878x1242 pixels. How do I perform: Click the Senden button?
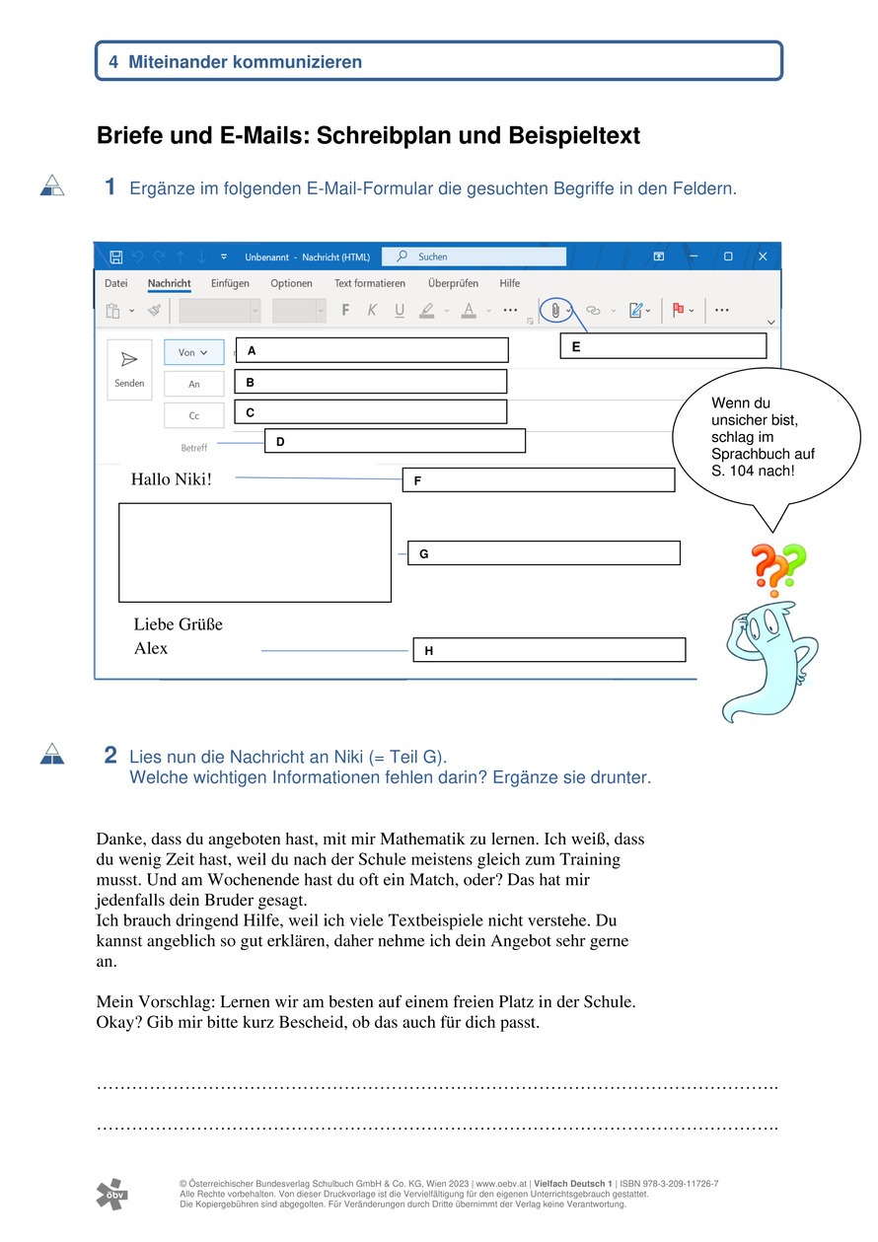129,369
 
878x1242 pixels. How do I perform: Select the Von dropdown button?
193,352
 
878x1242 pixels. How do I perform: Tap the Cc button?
193,416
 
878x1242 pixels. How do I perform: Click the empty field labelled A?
371,350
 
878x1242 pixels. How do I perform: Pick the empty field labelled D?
395,441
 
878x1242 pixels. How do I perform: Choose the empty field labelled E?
663,345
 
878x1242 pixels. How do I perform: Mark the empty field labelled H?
549,650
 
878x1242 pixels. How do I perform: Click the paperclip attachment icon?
556,310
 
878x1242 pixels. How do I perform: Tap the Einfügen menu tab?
230,283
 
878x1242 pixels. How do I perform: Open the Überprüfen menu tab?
453,283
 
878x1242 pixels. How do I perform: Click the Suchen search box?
474,256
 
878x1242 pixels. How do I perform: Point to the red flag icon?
679,310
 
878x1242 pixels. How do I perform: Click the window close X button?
762,256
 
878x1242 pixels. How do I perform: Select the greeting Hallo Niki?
171,480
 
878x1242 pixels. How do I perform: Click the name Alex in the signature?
151,648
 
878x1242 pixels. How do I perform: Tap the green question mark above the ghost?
792,561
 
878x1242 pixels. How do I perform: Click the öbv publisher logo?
111,1194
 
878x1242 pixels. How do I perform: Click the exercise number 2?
110,756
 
